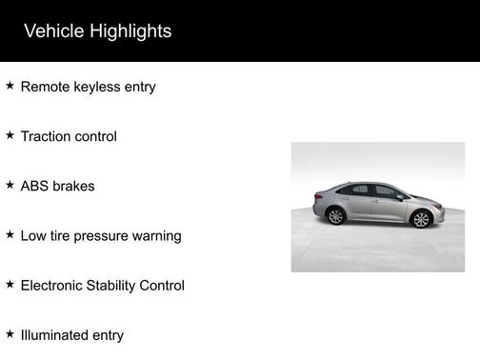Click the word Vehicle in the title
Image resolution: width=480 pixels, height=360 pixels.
pos(54,31)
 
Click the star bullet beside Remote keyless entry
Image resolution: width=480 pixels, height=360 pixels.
pos(10,86)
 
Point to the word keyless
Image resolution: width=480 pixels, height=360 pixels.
pos(98,87)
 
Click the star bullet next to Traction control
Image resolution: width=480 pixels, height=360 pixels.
pos(10,135)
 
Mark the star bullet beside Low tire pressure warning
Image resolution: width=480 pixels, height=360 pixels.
pos(10,234)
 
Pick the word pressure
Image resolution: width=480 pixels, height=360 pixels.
pos(103,236)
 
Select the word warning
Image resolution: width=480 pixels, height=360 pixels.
pos(157,236)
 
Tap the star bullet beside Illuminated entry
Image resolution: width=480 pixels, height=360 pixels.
pos(10,333)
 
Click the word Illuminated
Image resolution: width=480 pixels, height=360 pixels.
pos(56,334)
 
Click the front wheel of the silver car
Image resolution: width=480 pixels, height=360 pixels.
pos(420,219)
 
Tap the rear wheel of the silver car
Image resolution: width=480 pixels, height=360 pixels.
pos(335,215)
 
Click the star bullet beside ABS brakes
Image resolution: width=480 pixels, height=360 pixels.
pos(10,185)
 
